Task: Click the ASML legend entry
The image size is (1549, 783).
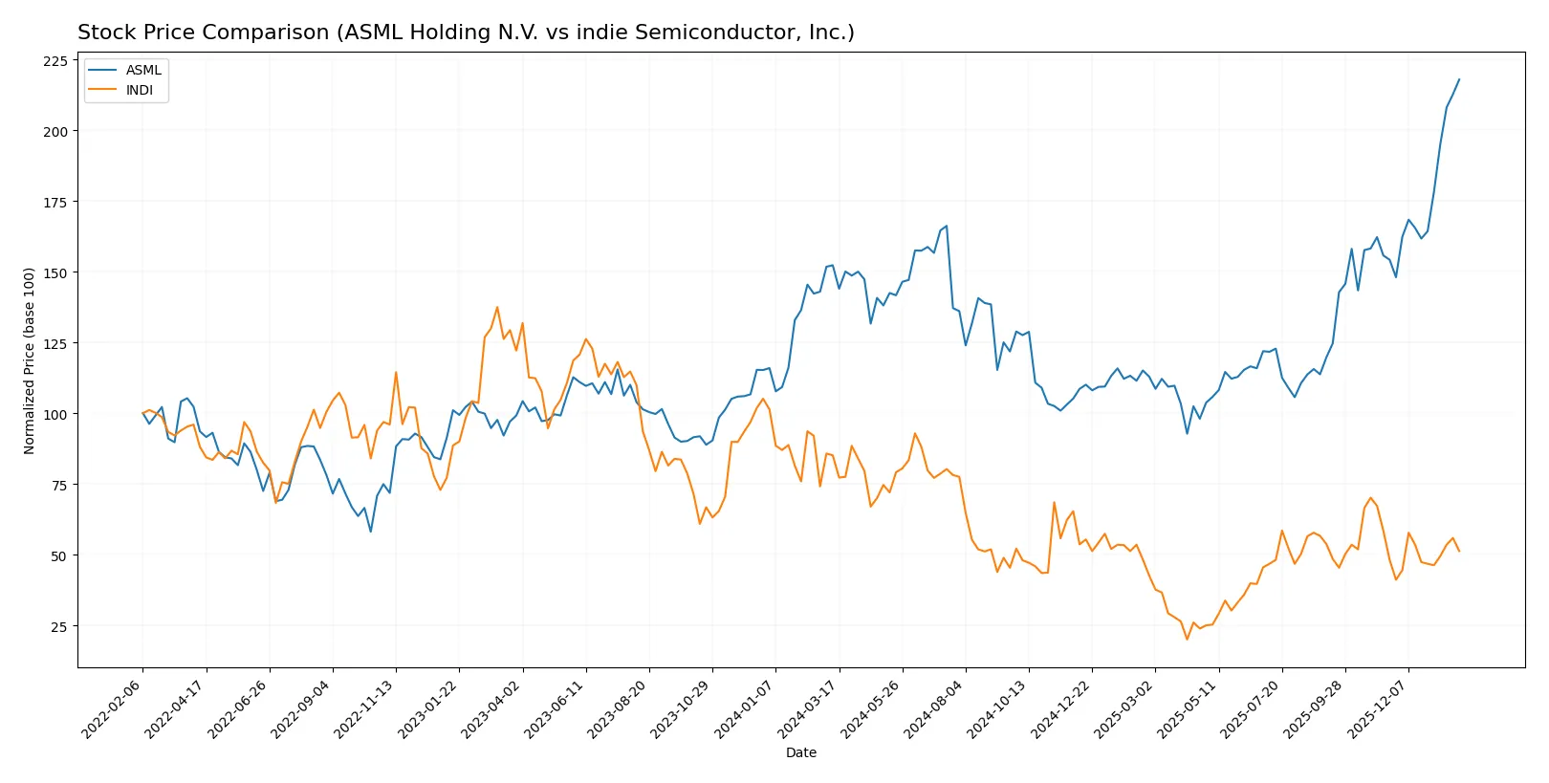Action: pyautogui.click(x=143, y=70)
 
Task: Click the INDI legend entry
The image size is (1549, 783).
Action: pyautogui.click(x=139, y=90)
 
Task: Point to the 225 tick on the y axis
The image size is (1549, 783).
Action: pyautogui.click(x=55, y=60)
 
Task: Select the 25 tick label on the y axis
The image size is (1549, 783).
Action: pyautogui.click(x=59, y=626)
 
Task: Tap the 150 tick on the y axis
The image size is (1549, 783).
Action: pyautogui.click(x=55, y=272)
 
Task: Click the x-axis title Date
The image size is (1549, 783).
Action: pyautogui.click(x=800, y=752)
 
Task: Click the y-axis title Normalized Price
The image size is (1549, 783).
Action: pyautogui.click(x=29, y=360)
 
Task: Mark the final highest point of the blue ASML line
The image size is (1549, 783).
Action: pyautogui.click(x=1459, y=79)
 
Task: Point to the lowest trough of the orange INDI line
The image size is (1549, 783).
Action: pyautogui.click(x=1187, y=639)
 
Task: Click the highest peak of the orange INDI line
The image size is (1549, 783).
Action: pyautogui.click(x=497, y=308)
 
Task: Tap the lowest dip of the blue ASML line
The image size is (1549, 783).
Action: pyautogui.click(x=371, y=532)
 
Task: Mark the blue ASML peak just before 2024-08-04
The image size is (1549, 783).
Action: pyautogui.click(x=946, y=227)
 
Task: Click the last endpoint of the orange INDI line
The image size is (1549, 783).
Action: pyautogui.click(x=1459, y=551)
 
